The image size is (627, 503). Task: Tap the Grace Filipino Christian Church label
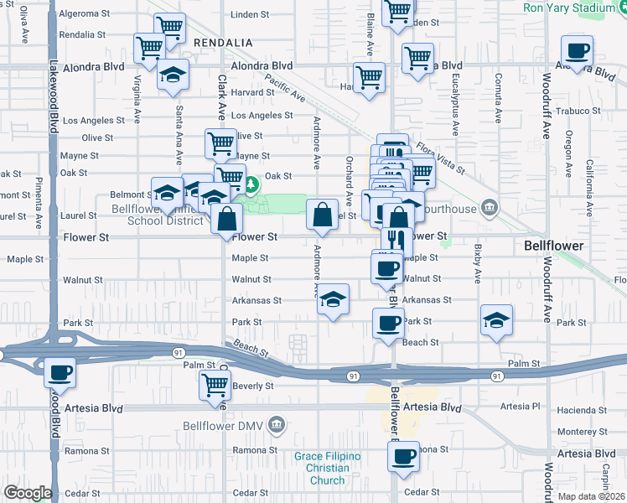327,468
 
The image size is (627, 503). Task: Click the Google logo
27,493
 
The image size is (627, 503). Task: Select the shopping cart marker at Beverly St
215,385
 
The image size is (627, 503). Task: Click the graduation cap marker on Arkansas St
333,299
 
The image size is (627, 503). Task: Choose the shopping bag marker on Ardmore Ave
323,215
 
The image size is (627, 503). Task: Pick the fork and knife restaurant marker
396,241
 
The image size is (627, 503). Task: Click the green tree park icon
249,182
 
